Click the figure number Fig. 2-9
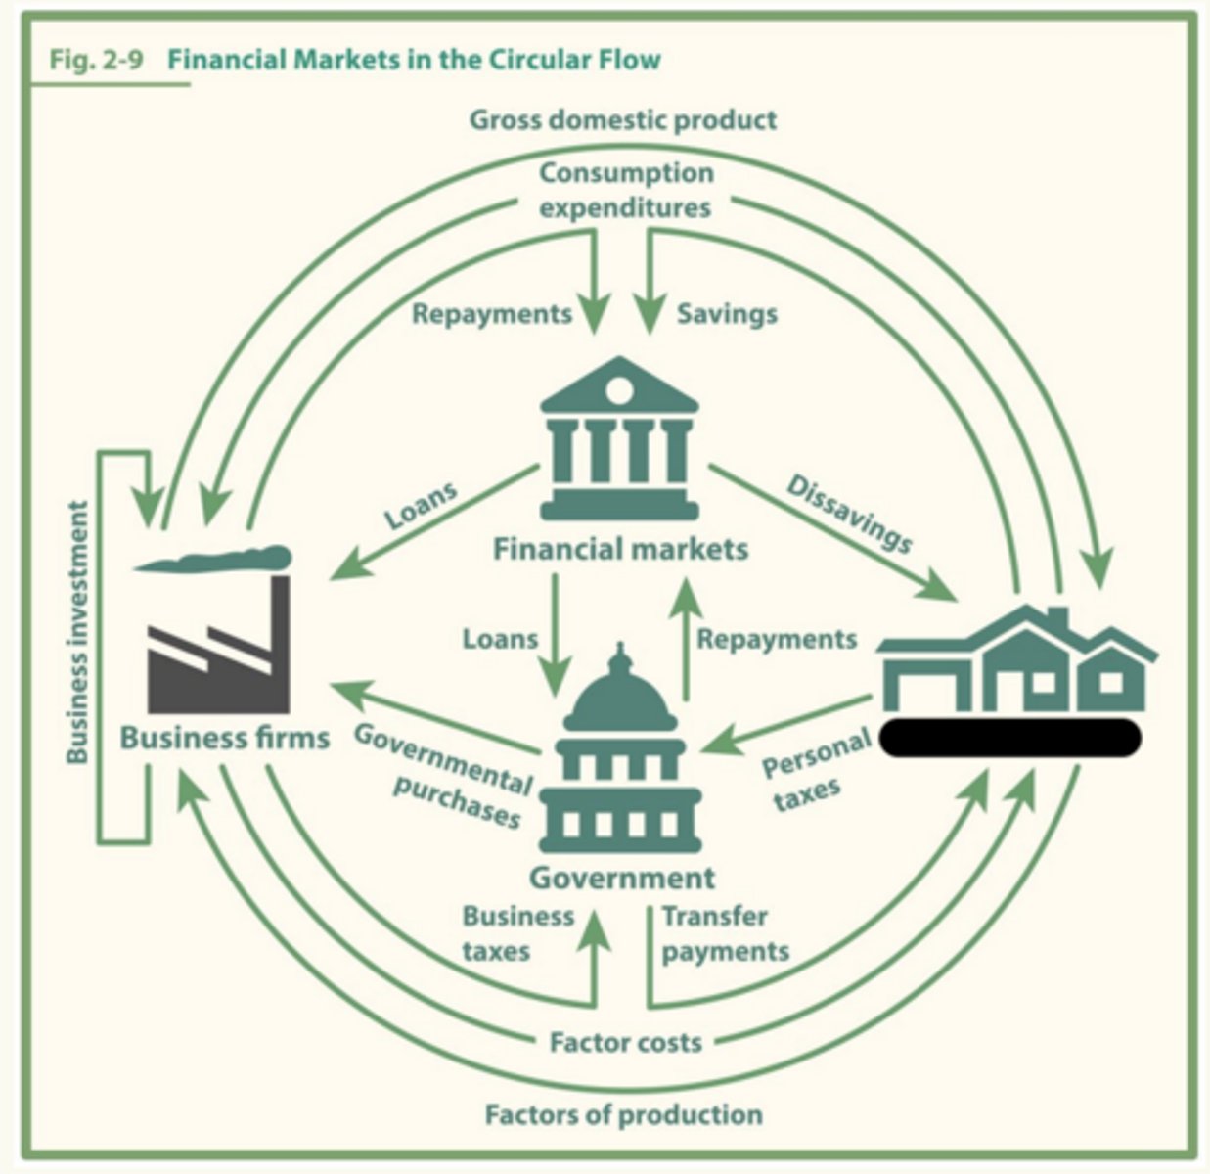pyautogui.click(x=97, y=61)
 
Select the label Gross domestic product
pyautogui.click(x=623, y=120)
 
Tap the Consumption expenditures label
pyautogui.click(x=625, y=190)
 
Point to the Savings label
pyautogui.click(x=727, y=314)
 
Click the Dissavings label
pyautogui.click(x=849, y=515)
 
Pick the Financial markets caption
pyautogui.click(x=620, y=550)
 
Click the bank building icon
pyautogui.click(x=619, y=438)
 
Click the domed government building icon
pyautogui.click(x=620, y=748)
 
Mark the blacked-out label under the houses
pyautogui.click(x=1010, y=738)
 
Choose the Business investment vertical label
pyautogui.click(x=77, y=632)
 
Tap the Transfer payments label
pyautogui.click(x=725, y=934)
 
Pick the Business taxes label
pyautogui.click(x=518, y=934)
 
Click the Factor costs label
pyautogui.click(x=626, y=1042)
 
